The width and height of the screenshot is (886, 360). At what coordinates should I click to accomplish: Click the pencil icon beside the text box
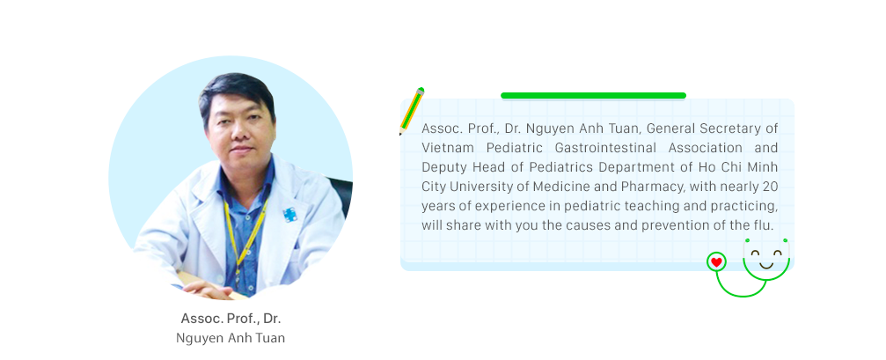coord(412,111)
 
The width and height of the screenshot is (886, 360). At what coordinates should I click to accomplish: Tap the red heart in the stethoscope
coord(716,262)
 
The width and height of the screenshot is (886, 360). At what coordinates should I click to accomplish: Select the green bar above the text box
coord(593,96)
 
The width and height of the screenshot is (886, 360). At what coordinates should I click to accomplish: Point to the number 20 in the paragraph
coord(770,187)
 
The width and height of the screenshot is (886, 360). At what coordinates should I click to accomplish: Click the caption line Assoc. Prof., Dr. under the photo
coord(231,319)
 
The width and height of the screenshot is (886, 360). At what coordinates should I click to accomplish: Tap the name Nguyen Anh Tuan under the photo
coord(231,339)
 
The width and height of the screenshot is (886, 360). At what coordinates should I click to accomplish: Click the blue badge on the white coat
coord(290,215)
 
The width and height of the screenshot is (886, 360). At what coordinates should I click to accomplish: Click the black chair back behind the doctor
coord(341,195)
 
